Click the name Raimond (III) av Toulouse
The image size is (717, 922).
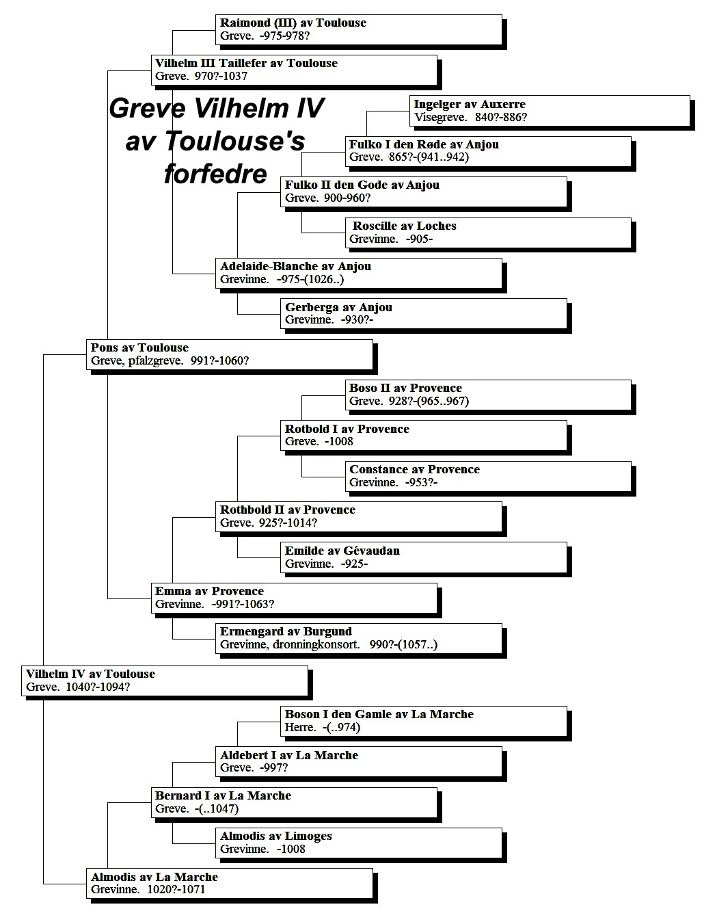tap(293, 23)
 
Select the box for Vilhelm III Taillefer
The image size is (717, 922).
tap(295, 70)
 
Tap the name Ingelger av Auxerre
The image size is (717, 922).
tap(470, 104)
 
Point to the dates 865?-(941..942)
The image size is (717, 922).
tap(429, 157)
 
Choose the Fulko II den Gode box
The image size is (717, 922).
tap(424, 192)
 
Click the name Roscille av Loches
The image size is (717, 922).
tap(405, 226)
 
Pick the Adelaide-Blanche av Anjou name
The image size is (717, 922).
tap(295, 267)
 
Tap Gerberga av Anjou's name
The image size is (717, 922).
tap(338, 307)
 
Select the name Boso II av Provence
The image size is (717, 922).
tap(405, 388)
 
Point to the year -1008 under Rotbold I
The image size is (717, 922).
tap(339, 441)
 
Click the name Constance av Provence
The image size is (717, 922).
tap(414, 469)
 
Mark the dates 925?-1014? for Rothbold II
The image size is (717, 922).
tap(288, 523)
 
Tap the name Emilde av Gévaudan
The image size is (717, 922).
tap(342, 551)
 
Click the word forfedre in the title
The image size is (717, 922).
tap(215, 174)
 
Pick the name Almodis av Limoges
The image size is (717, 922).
tap(275, 836)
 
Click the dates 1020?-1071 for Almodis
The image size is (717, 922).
tap(176, 889)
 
